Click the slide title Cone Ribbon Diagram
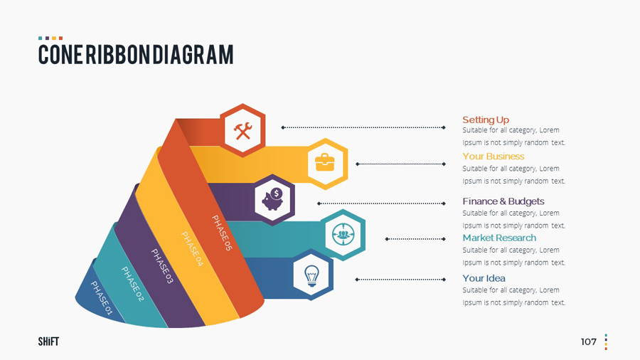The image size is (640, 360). pyautogui.click(x=136, y=54)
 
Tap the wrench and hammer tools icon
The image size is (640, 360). pyautogui.click(x=242, y=130)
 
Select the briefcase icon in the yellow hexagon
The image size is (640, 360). pyautogui.click(x=325, y=163)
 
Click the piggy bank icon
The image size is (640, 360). pyautogui.click(x=274, y=199)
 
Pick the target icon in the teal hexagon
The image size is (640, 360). pyautogui.click(x=344, y=234)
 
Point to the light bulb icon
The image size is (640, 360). pyautogui.click(x=311, y=274)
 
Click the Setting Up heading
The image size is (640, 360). pyautogui.click(x=486, y=120)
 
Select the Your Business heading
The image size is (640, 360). pyautogui.click(x=494, y=157)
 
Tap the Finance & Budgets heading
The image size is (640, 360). pyautogui.click(x=503, y=201)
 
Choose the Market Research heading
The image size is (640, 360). pyautogui.click(x=499, y=238)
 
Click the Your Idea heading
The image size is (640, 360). pyautogui.click(x=484, y=278)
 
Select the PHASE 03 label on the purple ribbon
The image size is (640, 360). pyautogui.click(x=162, y=267)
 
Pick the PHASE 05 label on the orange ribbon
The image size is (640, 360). pyautogui.click(x=222, y=233)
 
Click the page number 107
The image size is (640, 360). pyautogui.click(x=588, y=342)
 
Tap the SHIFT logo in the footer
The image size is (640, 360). pyautogui.click(x=48, y=342)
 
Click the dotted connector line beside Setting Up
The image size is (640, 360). pyautogui.click(x=363, y=127)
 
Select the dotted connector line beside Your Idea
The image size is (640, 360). pyautogui.click(x=400, y=280)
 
